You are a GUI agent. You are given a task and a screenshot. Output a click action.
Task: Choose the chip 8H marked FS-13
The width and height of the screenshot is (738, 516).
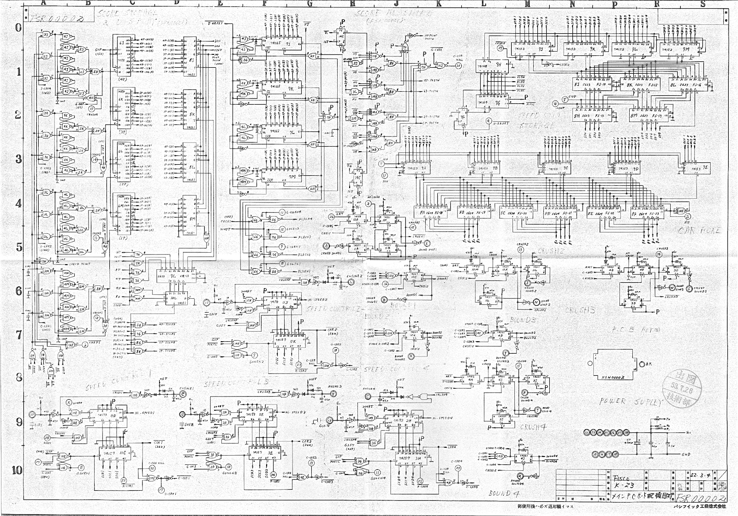(583, 116)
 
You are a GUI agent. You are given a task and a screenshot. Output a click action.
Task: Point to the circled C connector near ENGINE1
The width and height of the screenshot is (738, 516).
(183, 394)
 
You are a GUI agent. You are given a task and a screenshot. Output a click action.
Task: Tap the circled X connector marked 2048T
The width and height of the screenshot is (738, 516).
(69, 402)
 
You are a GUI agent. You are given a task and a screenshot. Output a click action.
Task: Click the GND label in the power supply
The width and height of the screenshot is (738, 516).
(686, 454)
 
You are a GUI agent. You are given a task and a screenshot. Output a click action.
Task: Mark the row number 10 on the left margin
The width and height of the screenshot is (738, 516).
(17, 470)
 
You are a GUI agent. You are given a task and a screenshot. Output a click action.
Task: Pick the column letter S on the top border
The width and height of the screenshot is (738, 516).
(703, 4)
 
